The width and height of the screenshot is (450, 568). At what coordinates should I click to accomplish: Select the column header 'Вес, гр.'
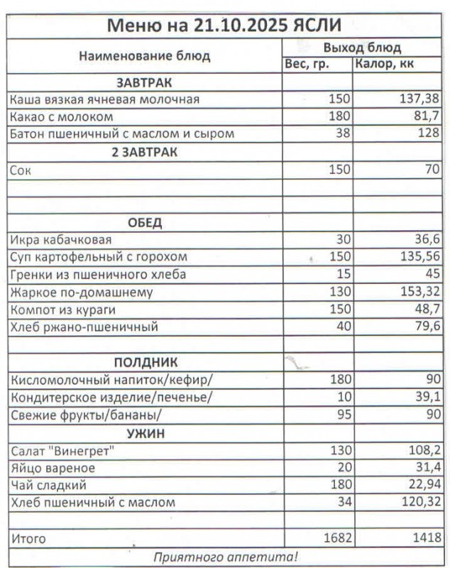tap(307, 65)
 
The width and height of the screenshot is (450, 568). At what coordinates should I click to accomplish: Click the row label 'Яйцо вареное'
tap(53, 469)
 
